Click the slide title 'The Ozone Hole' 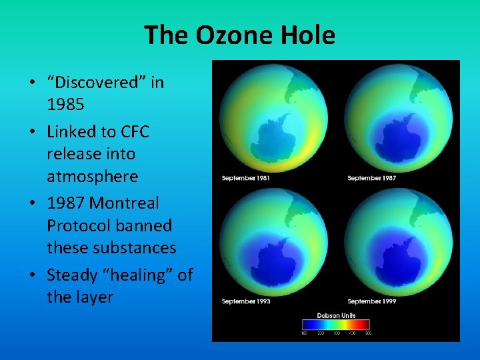239,35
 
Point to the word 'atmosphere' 92,177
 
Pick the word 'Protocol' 77,225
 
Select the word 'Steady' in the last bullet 72,274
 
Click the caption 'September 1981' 245,178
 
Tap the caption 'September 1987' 371,178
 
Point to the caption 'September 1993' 245,302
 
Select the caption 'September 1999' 371,302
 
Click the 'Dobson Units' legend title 336,315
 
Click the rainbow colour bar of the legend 336,325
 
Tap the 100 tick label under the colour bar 304,333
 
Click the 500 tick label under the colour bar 368,333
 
